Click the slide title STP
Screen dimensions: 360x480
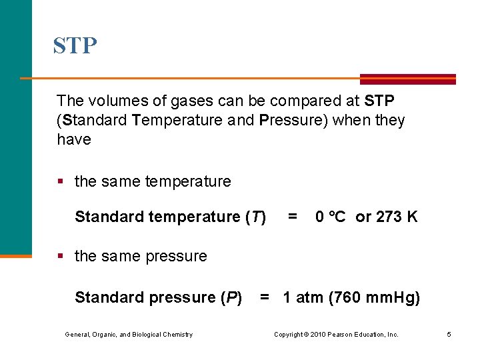pyautogui.click(x=75, y=46)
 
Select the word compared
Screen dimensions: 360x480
pyautogui.click(x=294, y=101)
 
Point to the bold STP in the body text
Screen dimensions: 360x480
pyautogui.click(x=379, y=101)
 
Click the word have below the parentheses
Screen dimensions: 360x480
pyautogui.click(x=73, y=139)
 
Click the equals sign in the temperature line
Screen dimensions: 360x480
pyautogui.click(x=292, y=217)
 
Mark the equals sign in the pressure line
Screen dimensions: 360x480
pyautogui.click(x=265, y=297)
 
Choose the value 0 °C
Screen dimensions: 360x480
pyautogui.click(x=330, y=217)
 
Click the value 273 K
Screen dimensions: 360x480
pyautogui.click(x=397, y=217)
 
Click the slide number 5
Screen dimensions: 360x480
pyautogui.click(x=449, y=334)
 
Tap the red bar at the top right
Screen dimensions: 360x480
pyautogui.click(x=408, y=78)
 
